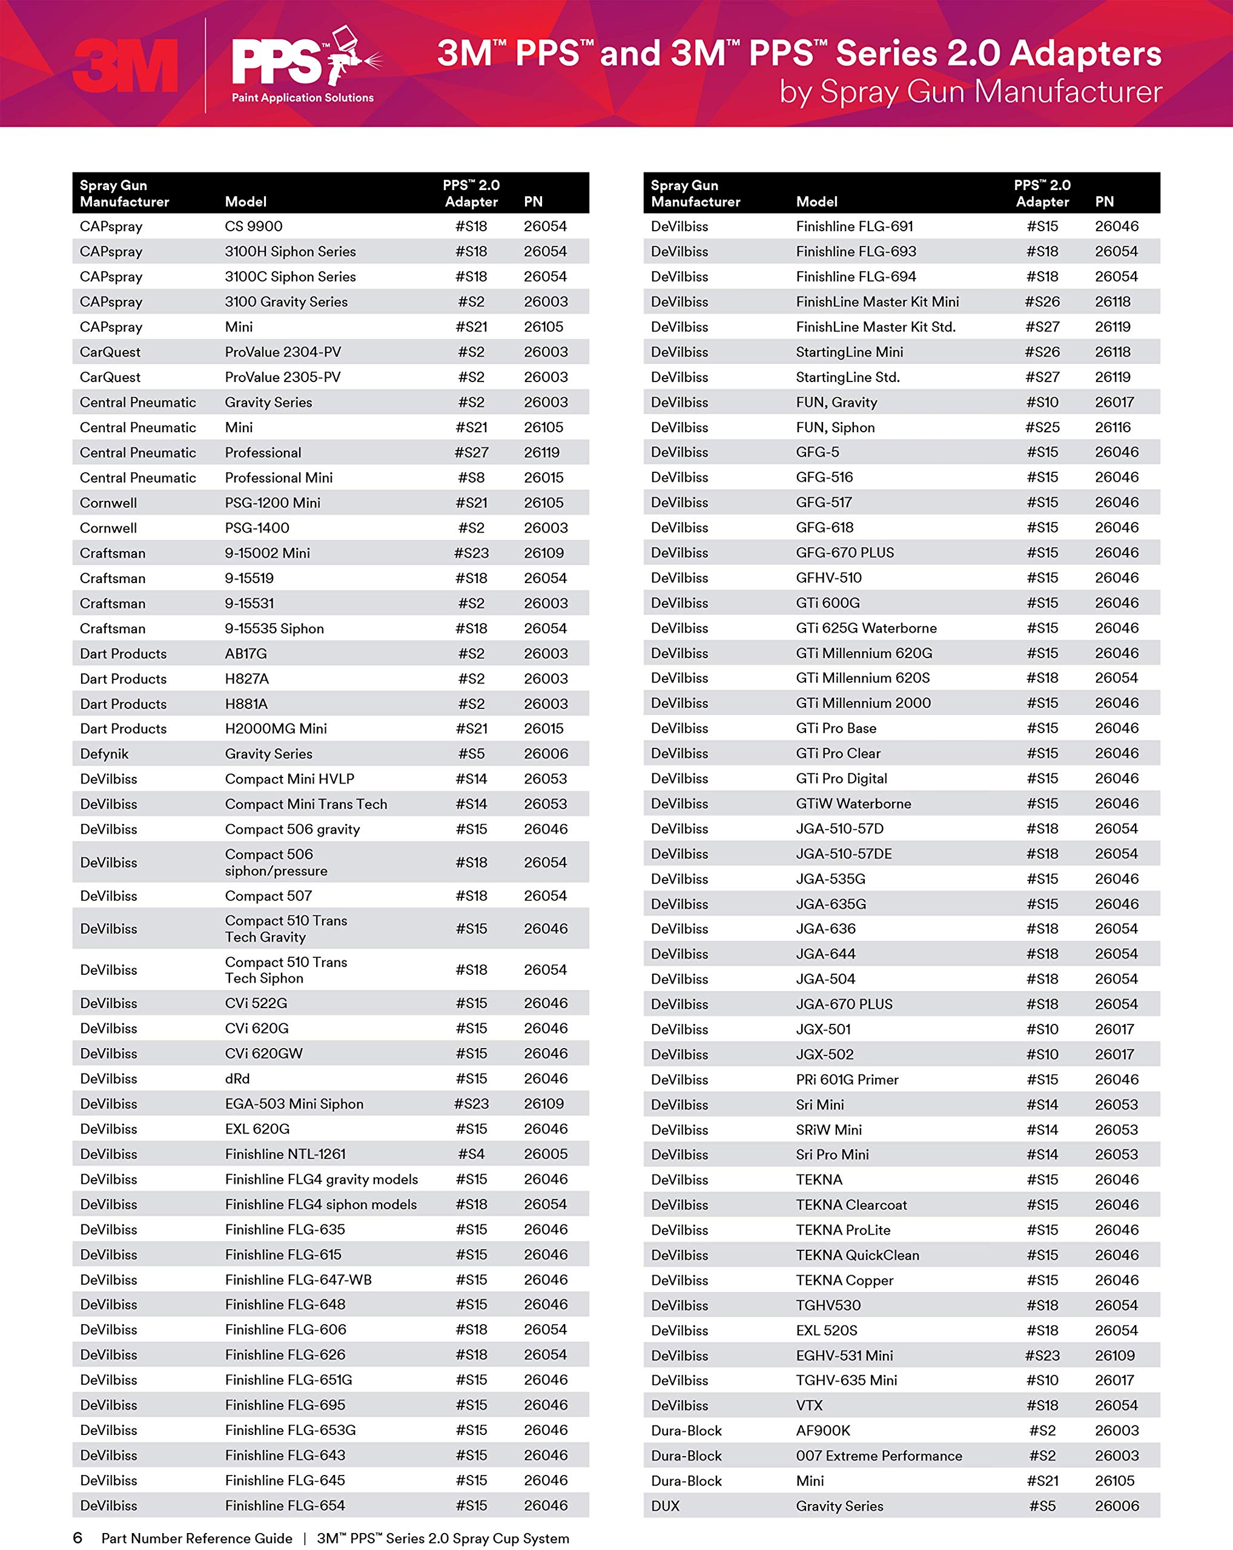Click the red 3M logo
coord(126,66)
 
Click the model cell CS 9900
coord(253,226)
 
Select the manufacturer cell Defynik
coord(104,753)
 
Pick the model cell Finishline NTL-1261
coord(285,1154)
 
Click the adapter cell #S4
coord(471,1154)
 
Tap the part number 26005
coord(545,1154)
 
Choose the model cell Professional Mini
coord(278,477)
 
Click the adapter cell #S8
coord(471,477)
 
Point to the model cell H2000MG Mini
coord(276,728)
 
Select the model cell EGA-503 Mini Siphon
coord(294,1104)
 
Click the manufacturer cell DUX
coord(665,1505)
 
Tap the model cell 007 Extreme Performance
coord(879,1455)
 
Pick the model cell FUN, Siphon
coord(835,427)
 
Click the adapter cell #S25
coord(1042,427)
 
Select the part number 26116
coord(1112,427)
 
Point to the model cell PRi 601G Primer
coord(847,1079)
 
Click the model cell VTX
coord(809,1405)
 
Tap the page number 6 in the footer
coord(78,1538)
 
